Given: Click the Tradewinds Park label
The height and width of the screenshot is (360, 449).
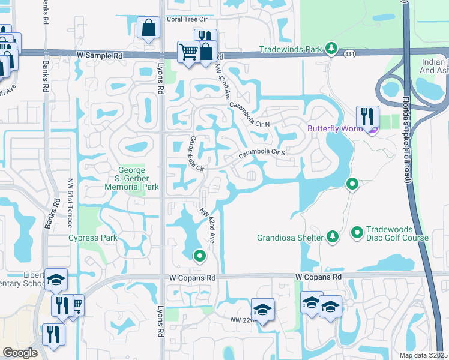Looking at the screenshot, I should point(291,49).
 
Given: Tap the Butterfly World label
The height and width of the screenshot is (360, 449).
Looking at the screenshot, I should point(335,129).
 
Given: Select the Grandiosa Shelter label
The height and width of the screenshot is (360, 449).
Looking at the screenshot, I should point(291,238).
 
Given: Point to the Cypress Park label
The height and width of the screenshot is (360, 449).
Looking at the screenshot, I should point(92,238).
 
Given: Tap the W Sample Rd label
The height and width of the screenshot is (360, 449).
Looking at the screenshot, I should point(100,55).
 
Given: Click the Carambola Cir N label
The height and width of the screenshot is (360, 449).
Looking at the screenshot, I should point(250,113).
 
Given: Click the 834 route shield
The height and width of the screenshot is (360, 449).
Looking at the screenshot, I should point(349,54).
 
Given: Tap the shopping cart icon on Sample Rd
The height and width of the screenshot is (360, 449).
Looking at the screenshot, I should point(188,52).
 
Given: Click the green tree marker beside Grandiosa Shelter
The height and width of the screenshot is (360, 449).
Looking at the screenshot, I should point(332,237).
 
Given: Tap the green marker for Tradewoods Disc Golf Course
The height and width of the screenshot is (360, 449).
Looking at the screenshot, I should point(357,231).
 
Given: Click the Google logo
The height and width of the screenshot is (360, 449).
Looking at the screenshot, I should point(20,353).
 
